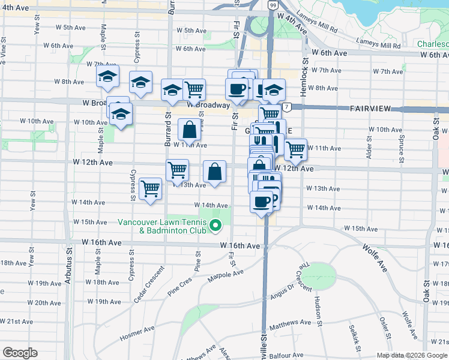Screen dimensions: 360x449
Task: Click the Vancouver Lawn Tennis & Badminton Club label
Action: click(162, 226)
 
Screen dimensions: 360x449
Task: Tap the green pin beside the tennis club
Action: click(217, 227)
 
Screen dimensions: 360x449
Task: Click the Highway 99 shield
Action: click(273, 5)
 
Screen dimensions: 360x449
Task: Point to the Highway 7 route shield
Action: click(288, 107)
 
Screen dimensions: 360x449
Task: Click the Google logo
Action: click(20, 353)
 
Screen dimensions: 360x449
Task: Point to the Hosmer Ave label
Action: click(138, 331)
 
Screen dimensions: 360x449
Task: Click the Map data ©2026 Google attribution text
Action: click(411, 355)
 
